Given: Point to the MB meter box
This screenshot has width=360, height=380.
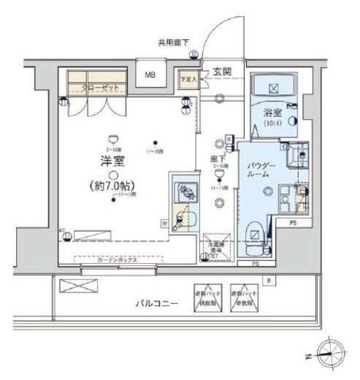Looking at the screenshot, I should (x=150, y=75).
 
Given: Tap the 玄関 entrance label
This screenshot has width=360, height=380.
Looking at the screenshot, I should (x=223, y=72).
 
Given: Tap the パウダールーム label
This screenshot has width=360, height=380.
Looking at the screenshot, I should (x=261, y=171).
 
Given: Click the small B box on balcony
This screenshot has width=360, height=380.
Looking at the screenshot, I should (x=269, y=280).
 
